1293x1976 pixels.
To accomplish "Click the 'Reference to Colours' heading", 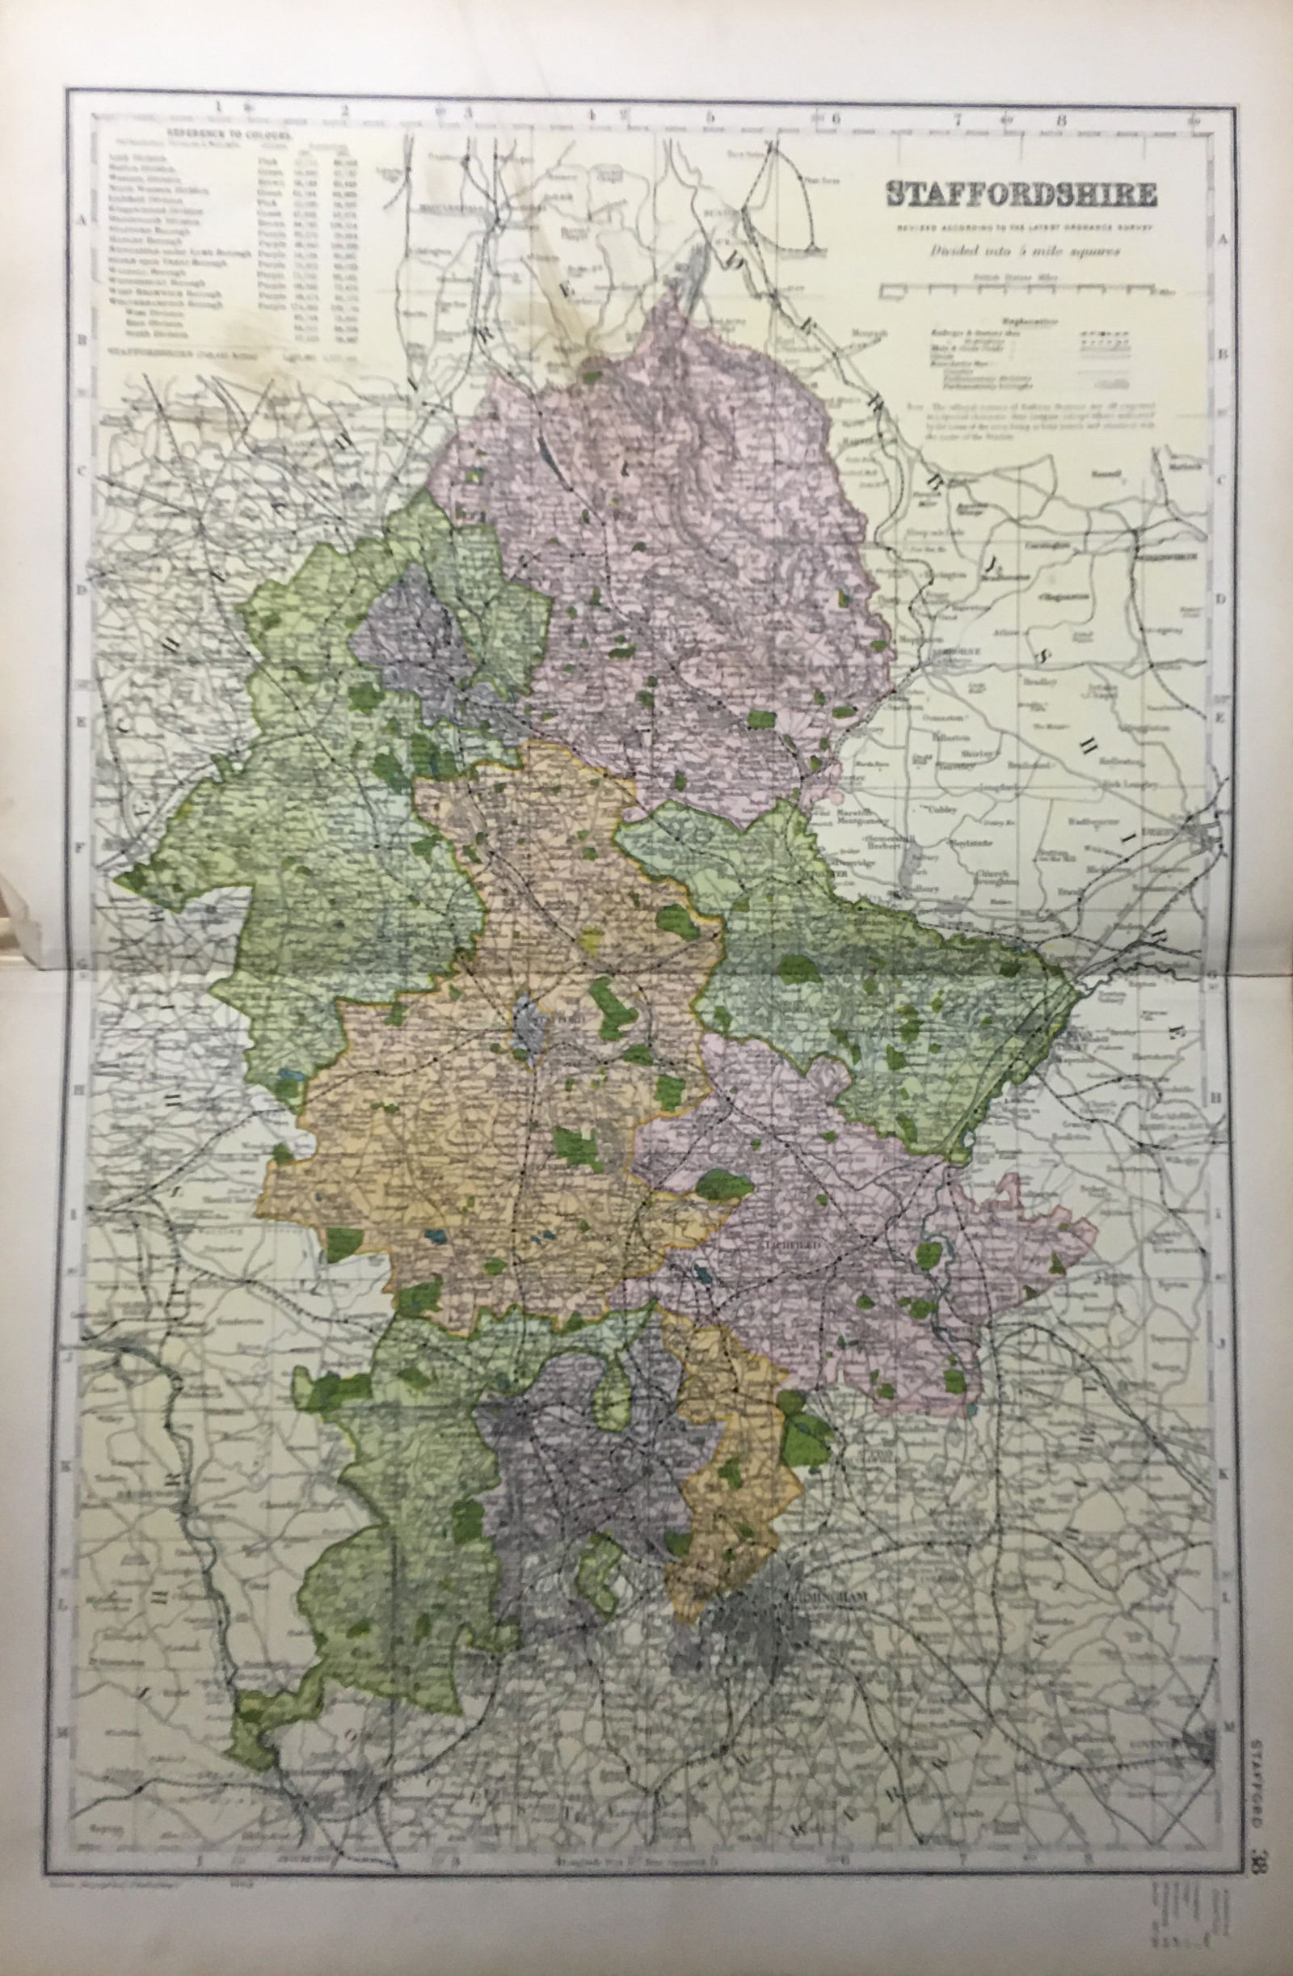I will point(228,132).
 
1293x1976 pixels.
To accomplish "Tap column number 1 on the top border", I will point(219,106).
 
